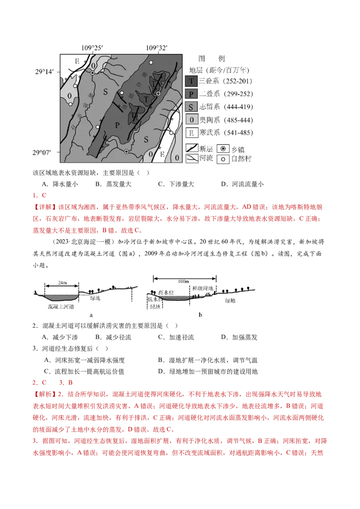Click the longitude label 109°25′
pos(93,48)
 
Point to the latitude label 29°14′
pos(45,71)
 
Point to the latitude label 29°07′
pos(45,152)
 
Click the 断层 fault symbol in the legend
pos(192,147)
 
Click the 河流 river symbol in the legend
pos(192,158)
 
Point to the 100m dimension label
pos(183,281)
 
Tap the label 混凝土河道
pos(61,306)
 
